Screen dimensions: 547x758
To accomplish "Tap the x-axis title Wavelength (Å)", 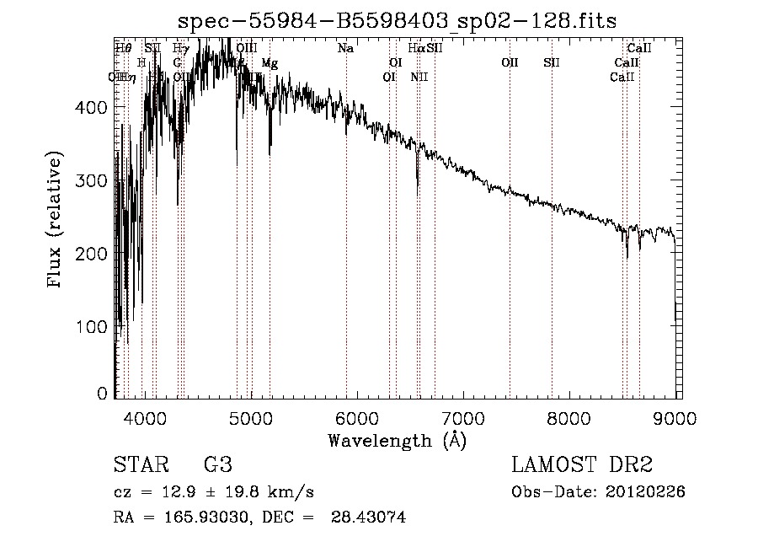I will [397, 440].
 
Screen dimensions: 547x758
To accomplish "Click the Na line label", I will [345, 49].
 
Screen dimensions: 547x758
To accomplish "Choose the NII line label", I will [419, 77].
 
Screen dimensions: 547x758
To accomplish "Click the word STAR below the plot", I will [141, 465].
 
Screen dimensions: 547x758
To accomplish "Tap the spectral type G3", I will [217, 465].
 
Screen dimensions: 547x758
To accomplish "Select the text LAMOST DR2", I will [582, 465].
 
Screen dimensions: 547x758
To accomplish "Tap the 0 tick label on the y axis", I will [103, 394].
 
